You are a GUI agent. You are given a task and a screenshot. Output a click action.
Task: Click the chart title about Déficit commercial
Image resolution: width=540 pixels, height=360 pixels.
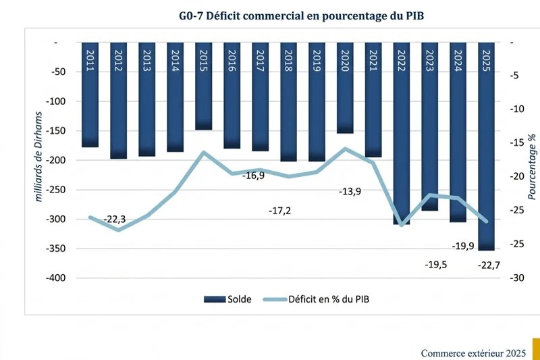tap(301, 16)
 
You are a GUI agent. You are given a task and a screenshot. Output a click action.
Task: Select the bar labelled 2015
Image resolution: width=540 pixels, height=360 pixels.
tap(204, 86)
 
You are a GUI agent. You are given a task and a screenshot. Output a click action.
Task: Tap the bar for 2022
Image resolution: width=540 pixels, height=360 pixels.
tap(402, 133)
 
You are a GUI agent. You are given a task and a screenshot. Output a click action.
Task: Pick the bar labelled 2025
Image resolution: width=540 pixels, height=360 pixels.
tap(486, 147)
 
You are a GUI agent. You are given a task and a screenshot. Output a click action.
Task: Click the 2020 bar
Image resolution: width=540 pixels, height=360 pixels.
tap(345, 88)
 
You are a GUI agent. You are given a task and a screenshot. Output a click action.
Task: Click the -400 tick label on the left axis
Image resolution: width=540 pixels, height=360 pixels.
tap(56, 278)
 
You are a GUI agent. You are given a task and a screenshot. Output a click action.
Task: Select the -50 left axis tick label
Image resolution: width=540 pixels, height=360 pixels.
tap(58, 72)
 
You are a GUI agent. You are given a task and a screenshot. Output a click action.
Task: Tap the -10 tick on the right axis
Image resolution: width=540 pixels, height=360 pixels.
tap(516, 109)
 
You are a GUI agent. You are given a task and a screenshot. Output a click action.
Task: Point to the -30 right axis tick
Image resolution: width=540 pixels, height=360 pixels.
tap(516, 278)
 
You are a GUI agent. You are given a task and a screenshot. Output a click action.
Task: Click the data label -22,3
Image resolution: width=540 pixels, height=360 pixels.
tap(115, 220)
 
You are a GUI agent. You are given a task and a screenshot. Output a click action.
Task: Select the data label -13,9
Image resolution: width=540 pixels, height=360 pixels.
tap(350, 192)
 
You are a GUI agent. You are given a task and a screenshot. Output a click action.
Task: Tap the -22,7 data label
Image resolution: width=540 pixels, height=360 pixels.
tap(489, 265)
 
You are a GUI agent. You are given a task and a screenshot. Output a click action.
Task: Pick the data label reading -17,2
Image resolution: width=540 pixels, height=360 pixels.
tap(279, 211)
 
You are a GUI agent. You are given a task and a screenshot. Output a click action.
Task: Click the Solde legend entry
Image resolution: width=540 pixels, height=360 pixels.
tap(227, 299)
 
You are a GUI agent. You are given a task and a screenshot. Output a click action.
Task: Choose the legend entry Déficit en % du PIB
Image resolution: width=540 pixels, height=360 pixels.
tap(317, 299)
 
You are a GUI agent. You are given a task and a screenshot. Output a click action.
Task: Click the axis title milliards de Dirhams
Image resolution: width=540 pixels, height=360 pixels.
tap(38, 157)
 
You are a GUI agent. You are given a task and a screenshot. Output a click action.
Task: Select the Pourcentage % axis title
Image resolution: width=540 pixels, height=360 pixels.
tap(532, 167)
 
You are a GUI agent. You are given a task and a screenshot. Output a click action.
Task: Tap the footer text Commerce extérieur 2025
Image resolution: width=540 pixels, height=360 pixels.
tap(473, 353)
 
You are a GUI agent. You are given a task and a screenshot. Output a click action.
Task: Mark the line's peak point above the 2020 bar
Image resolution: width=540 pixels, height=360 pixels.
tap(345, 149)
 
